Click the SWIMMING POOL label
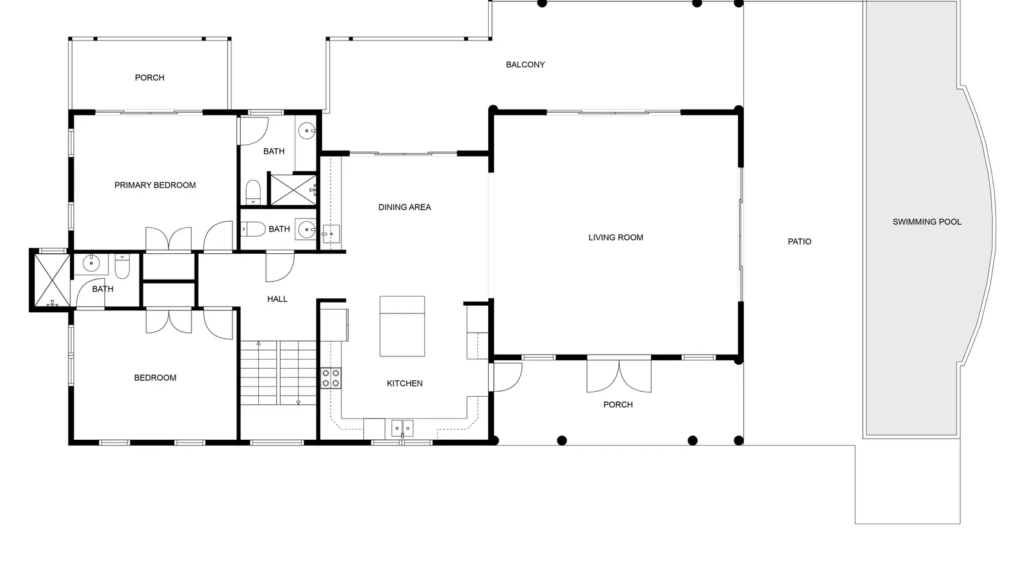[x=926, y=222]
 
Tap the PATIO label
[x=799, y=242]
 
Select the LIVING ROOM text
[x=616, y=238]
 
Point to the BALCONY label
[x=525, y=65]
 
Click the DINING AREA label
[x=404, y=207]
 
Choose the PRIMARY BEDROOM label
[x=155, y=185]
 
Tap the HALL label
[x=277, y=299]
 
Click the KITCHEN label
[x=404, y=383]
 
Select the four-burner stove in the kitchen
[x=331, y=378]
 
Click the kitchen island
[x=402, y=326]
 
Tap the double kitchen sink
[x=402, y=428]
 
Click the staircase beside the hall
[x=278, y=373]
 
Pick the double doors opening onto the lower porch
[x=619, y=376]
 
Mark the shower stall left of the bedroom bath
[x=52, y=281]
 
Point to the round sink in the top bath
[x=306, y=131]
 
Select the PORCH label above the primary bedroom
[x=150, y=78]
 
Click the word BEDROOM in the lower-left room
[x=155, y=378]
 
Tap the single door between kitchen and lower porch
[x=505, y=377]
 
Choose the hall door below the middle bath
[x=280, y=267]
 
